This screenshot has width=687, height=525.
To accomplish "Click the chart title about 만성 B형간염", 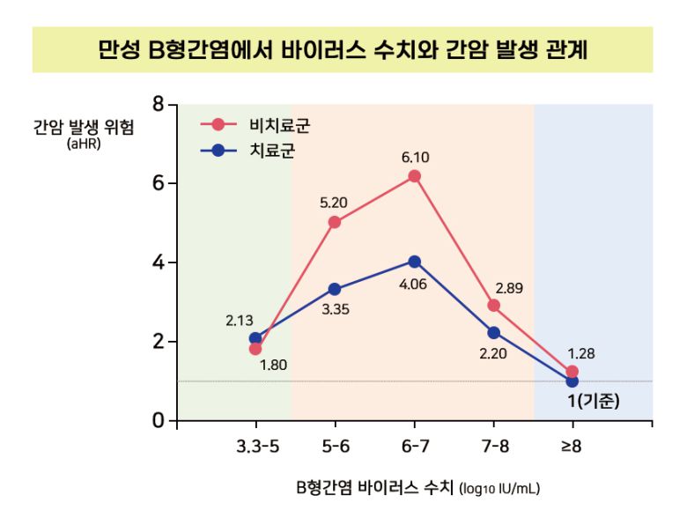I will point(343,49).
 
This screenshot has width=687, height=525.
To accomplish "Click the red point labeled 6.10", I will point(414,176).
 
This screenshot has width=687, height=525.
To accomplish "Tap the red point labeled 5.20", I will point(335,222).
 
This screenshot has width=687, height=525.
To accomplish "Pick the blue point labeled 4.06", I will point(414,262).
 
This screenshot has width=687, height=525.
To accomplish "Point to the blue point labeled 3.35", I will point(335,289).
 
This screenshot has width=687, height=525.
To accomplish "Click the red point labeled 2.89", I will point(493,306).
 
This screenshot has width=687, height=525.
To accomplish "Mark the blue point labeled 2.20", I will point(493,333).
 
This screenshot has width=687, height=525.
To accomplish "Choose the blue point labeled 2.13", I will point(255,338).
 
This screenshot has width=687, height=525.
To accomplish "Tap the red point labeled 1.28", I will point(572,372).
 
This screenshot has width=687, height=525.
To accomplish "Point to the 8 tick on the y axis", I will point(158,104).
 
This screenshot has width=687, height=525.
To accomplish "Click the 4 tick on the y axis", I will point(158,262).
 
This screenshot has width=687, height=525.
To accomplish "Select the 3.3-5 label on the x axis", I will point(257,447).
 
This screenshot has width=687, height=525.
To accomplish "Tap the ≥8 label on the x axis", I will point(572,447).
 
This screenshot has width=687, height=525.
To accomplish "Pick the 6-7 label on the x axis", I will point(415,447).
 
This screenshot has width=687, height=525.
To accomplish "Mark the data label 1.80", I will point(274,364).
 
